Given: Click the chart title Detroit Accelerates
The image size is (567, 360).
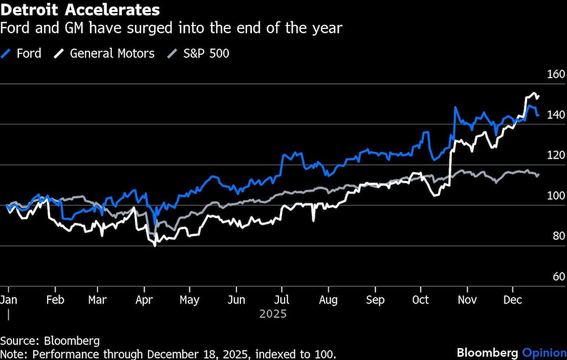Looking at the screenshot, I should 80,10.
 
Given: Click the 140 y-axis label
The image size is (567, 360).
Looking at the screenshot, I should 556,115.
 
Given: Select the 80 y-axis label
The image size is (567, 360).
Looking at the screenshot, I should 556,236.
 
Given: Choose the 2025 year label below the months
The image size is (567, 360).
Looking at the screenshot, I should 273,314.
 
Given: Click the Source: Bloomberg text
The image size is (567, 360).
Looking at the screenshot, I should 50,341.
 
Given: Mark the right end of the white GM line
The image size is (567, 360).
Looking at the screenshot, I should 538,97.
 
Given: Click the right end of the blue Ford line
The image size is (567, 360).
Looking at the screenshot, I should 538,115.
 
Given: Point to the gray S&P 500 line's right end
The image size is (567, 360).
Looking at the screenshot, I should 538,175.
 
